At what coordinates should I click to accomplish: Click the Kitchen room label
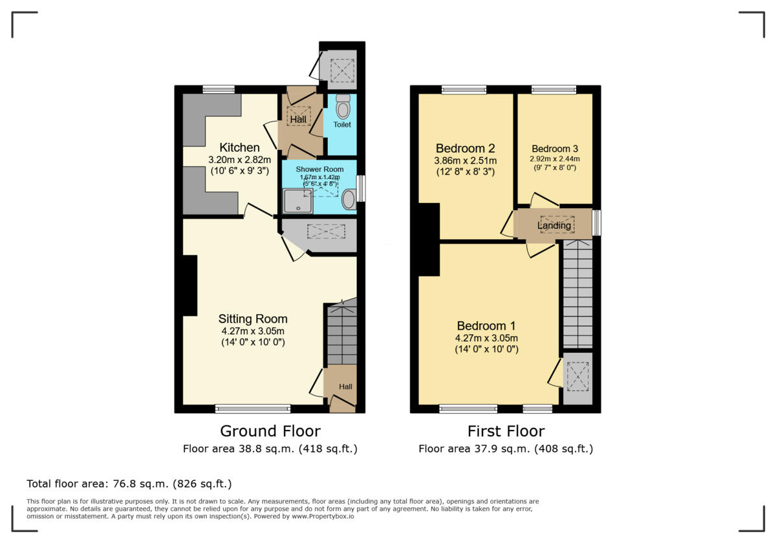pos(239,147)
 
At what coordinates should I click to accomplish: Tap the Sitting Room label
pos(253,319)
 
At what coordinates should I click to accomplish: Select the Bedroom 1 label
pos(486,325)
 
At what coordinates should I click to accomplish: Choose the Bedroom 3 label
pos(554,148)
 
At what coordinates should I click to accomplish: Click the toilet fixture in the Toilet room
pos(343,107)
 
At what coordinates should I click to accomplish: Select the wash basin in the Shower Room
pos(349,199)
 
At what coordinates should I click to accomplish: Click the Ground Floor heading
pos(270,431)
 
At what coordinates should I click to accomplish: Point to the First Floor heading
pos(506,431)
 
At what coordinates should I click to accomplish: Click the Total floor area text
pos(129,484)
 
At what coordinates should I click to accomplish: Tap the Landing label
pos(554,226)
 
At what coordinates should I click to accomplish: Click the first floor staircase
pos(577,294)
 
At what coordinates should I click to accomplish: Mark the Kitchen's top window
pos(218,89)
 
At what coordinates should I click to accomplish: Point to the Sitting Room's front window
pos(253,408)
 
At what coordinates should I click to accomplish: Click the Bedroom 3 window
pos(554,89)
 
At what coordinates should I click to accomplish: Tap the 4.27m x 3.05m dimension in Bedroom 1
pos(486,338)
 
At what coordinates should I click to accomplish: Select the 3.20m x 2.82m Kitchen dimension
pos(239,160)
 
